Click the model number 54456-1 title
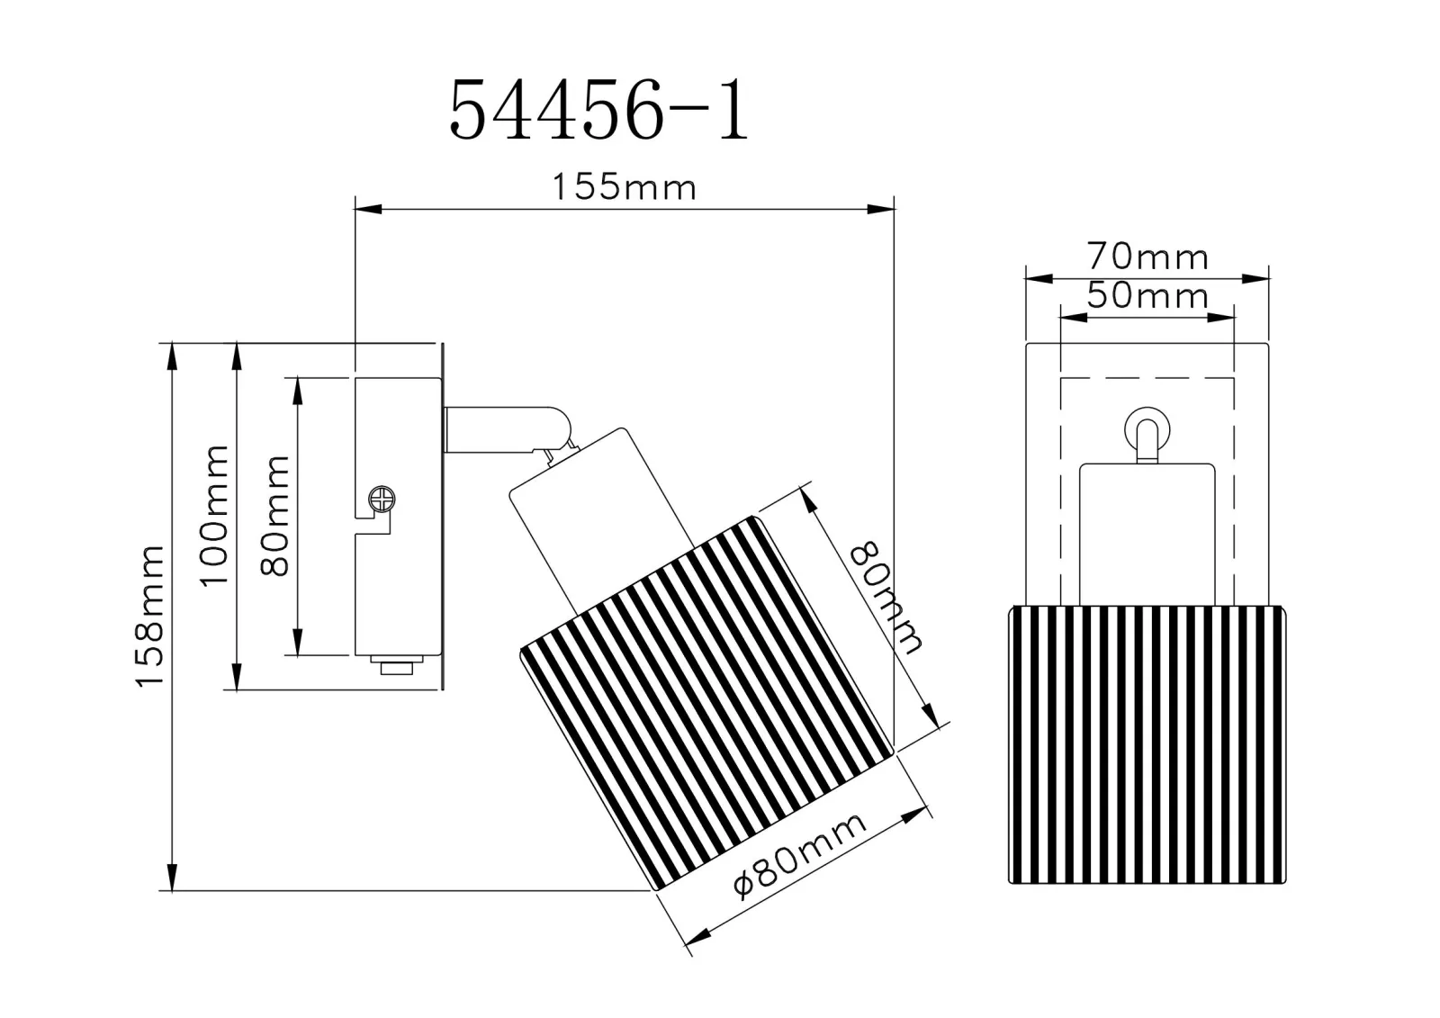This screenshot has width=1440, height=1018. tap(598, 109)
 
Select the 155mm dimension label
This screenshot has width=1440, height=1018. tap(625, 188)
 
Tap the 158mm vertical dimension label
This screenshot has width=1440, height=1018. tap(150, 616)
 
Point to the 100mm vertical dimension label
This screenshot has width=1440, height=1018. tap(214, 515)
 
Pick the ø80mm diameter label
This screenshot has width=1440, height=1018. tap(799, 855)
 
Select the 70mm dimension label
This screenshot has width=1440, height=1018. tap(1147, 257)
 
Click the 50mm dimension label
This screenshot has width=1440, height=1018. tap(1147, 296)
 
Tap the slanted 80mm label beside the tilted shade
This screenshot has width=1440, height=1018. tap(886, 598)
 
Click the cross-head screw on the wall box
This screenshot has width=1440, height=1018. tap(382, 499)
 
